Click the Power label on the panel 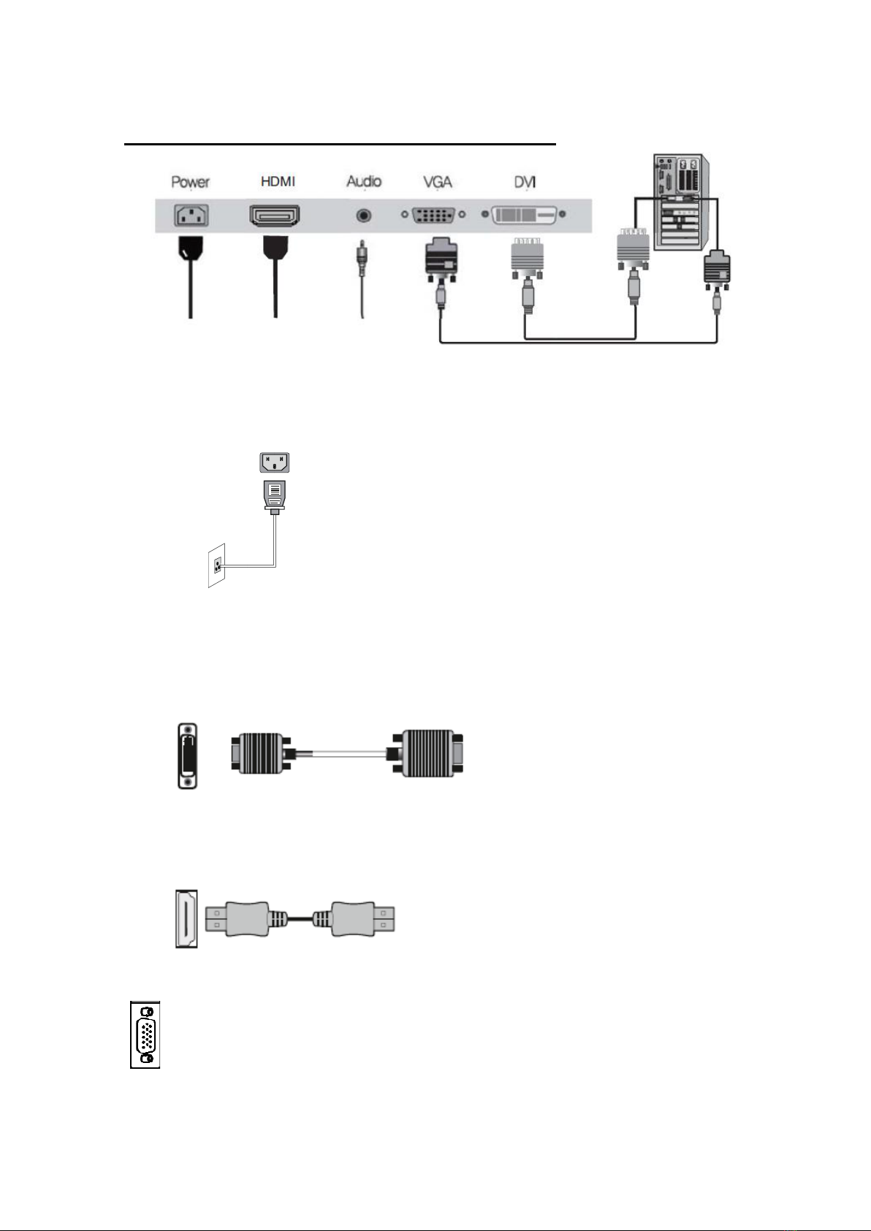(x=190, y=181)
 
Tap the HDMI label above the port (x=278, y=180)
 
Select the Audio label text (x=364, y=180)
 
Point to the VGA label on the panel (x=438, y=181)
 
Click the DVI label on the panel (x=525, y=181)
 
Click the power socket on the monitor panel (x=191, y=215)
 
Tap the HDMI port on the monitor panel (x=275, y=216)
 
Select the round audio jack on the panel (x=362, y=216)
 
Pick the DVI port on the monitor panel (x=524, y=216)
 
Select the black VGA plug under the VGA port (x=441, y=260)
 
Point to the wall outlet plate (x=216, y=565)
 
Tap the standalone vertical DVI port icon (x=188, y=755)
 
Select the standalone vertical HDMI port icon (x=186, y=918)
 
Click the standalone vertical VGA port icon (x=145, y=1034)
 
